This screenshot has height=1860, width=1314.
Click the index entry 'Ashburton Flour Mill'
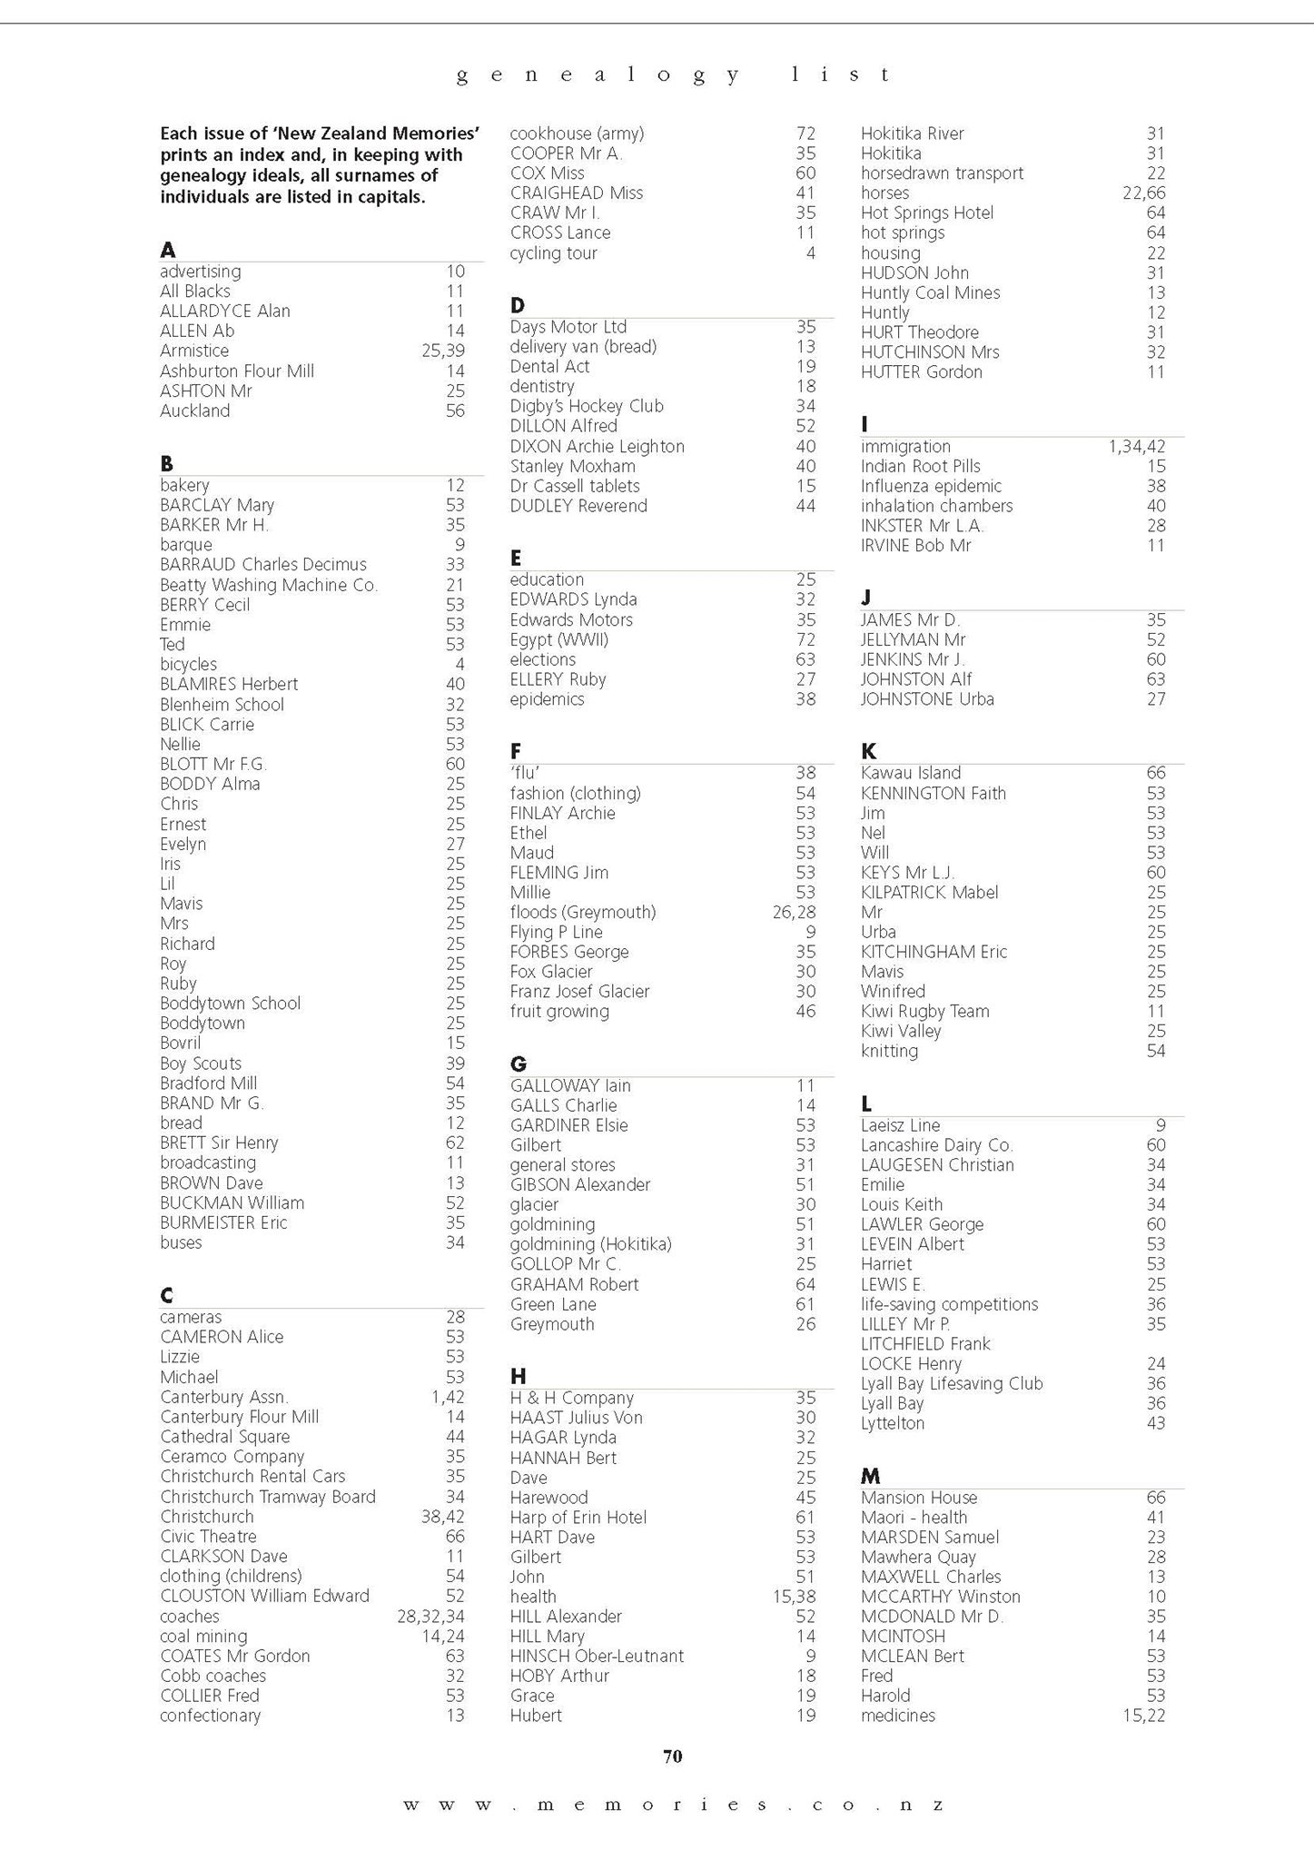pyautogui.click(x=237, y=371)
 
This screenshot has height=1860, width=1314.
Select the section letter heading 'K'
pyautogui.click(x=868, y=751)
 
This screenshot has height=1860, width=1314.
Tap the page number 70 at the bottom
pyautogui.click(x=672, y=1756)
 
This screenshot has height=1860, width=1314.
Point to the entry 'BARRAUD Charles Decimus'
pyautogui.click(x=263, y=564)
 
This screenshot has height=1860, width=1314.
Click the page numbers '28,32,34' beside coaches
pyautogui.click(x=430, y=1616)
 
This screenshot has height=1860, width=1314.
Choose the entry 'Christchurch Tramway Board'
pyautogui.click(x=268, y=1496)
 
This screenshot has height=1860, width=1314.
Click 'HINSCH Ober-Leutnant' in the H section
pyautogui.click(x=597, y=1656)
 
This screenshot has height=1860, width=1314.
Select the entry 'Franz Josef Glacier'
pyautogui.click(x=579, y=991)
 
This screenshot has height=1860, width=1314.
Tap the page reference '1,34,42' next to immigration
pyautogui.click(x=1136, y=446)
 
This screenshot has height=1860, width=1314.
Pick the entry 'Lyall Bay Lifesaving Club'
pyautogui.click(x=952, y=1383)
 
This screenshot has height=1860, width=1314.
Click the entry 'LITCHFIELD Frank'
pyautogui.click(x=925, y=1343)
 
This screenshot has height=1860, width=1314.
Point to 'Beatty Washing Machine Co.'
pyautogui.click(x=269, y=585)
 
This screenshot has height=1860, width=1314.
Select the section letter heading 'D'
pyautogui.click(x=518, y=305)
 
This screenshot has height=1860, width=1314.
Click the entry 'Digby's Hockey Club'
pyautogui.click(x=587, y=406)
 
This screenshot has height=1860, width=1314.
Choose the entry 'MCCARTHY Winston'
pyautogui.click(x=940, y=1596)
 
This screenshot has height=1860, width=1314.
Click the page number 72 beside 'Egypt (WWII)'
pyautogui.click(x=805, y=639)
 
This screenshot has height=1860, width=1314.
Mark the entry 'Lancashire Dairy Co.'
pyautogui.click(x=936, y=1144)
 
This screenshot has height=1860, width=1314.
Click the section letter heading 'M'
pyautogui.click(x=870, y=1476)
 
